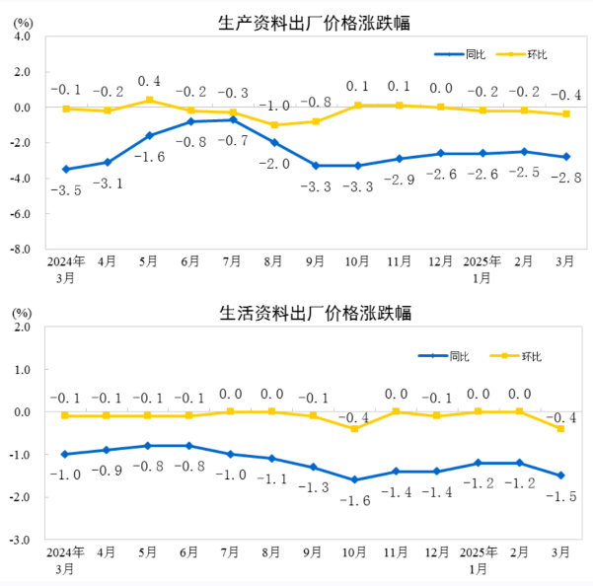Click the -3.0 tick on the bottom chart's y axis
(22, 541)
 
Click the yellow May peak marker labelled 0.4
(149, 100)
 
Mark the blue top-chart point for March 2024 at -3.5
(65, 170)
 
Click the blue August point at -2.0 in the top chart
(274, 143)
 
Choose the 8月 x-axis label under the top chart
(274, 263)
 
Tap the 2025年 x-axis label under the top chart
(482, 263)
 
